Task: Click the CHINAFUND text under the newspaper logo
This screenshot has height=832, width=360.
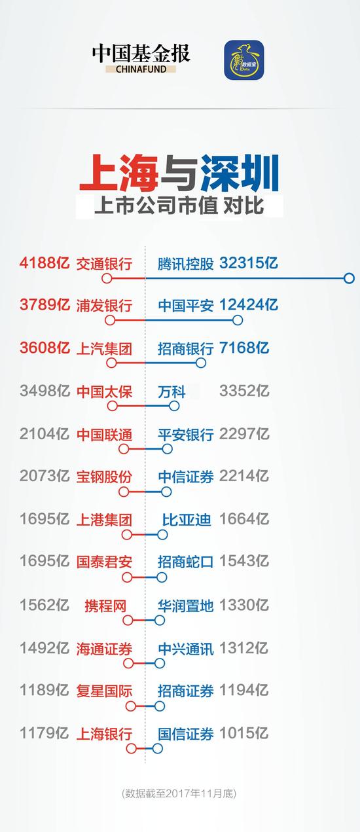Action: click(x=141, y=69)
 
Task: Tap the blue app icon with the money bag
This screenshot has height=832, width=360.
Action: click(x=244, y=60)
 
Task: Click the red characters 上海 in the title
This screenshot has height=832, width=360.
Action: click(x=120, y=173)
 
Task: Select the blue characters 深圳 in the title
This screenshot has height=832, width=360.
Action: click(x=240, y=173)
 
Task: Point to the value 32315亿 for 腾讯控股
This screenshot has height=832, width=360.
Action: click(x=249, y=263)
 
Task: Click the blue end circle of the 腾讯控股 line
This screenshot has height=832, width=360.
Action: click(x=350, y=278)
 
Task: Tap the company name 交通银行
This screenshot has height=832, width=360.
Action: click(x=104, y=264)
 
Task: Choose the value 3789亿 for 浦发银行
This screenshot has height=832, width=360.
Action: click(x=45, y=304)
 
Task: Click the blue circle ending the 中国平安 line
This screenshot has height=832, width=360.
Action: click(x=238, y=320)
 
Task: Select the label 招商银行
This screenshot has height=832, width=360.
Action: click(x=185, y=348)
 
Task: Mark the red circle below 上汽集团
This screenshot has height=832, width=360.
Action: click(x=111, y=363)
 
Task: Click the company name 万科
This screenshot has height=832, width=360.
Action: click(x=171, y=391)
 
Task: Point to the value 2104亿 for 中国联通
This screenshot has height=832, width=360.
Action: click(x=45, y=434)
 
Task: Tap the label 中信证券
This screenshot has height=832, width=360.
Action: click(x=185, y=477)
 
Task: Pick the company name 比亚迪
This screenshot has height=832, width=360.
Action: click(x=187, y=520)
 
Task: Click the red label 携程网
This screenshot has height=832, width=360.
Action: click(x=105, y=606)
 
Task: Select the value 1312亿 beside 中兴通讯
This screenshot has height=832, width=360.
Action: click(x=243, y=648)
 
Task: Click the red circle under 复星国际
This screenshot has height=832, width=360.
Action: click(x=131, y=706)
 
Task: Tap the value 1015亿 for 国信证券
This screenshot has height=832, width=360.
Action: click(x=243, y=733)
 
